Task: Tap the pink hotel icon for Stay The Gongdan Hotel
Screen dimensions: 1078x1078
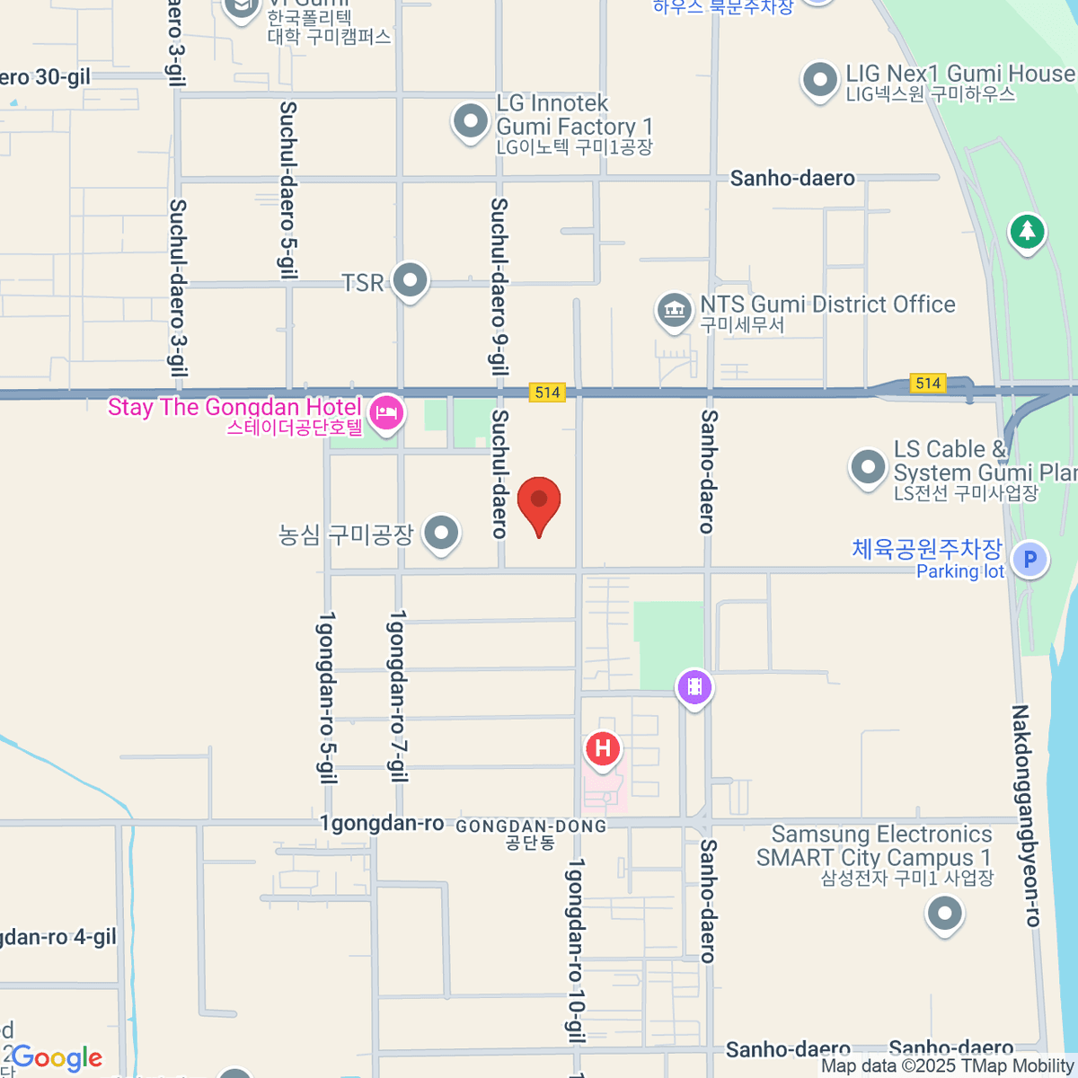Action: (x=386, y=414)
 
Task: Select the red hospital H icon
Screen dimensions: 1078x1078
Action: (x=603, y=748)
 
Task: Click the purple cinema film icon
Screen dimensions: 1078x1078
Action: (x=694, y=688)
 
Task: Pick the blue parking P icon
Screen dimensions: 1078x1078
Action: (x=1029, y=560)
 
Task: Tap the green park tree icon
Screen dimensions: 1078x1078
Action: (x=1027, y=232)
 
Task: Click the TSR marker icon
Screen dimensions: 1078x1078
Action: (x=411, y=280)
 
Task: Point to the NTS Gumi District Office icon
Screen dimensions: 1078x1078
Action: (x=673, y=311)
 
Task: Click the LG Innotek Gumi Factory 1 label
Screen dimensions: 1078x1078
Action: (x=574, y=126)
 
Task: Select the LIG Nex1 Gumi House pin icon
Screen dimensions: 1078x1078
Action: (x=819, y=80)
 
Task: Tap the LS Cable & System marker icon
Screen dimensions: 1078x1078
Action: (x=868, y=466)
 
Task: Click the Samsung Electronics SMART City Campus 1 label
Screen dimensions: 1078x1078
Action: (x=875, y=857)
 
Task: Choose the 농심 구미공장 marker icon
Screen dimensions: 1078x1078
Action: (x=441, y=533)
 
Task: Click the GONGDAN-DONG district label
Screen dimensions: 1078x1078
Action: (x=531, y=833)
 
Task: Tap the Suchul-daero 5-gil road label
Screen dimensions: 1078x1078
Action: (x=288, y=190)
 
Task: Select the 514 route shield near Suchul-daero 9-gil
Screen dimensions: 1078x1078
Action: (x=547, y=392)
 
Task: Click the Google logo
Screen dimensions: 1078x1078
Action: (x=57, y=1058)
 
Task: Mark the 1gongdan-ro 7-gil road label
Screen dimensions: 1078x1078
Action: (x=397, y=695)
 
